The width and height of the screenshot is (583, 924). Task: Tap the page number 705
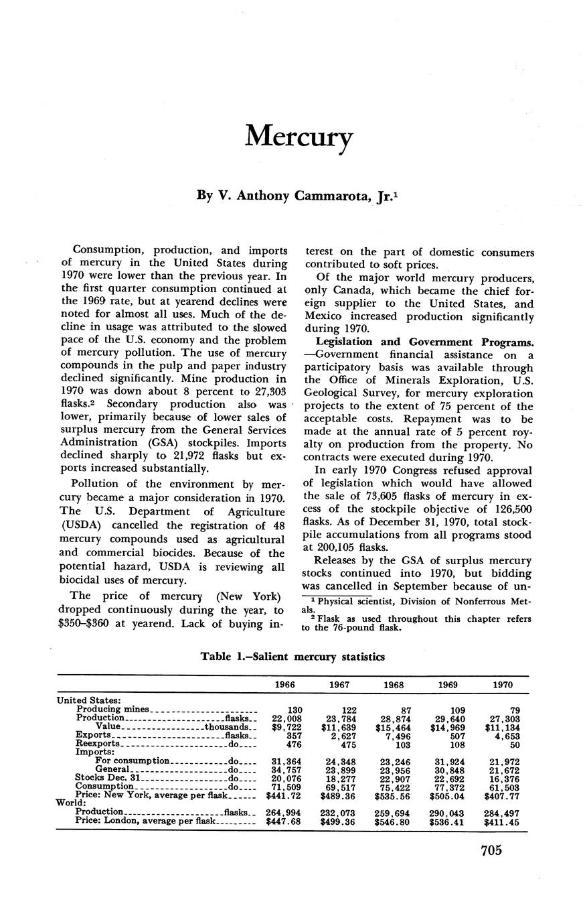pyautogui.click(x=491, y=851)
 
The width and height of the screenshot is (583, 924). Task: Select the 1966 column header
pyautogui.click(x=286, y=685)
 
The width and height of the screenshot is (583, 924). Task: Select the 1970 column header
pyautogui.click(x=503, y=685)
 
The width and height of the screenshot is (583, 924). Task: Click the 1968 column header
pyautogui.click(x=394, y=685)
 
